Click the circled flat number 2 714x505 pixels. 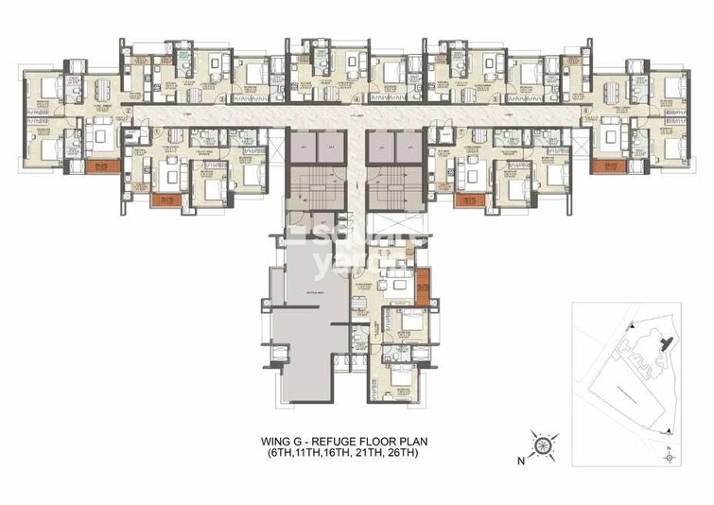click(127, 110)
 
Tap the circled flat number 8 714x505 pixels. click(586, 110)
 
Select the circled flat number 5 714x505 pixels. click(491, 97)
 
